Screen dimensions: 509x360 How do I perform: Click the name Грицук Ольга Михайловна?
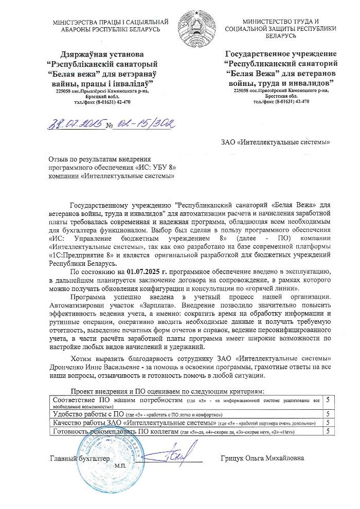[262, 458]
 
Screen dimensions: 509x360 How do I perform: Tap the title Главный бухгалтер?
[80, 458]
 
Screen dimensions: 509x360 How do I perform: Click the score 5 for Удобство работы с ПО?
[328, 413]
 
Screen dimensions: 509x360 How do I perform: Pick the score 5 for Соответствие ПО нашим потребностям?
[328, 399]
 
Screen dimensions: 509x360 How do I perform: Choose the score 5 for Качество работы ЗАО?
[328, 422]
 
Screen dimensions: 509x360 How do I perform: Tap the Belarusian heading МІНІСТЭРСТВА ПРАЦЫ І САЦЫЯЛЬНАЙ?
[111, 22]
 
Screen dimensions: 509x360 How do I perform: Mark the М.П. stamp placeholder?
[121, 465]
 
